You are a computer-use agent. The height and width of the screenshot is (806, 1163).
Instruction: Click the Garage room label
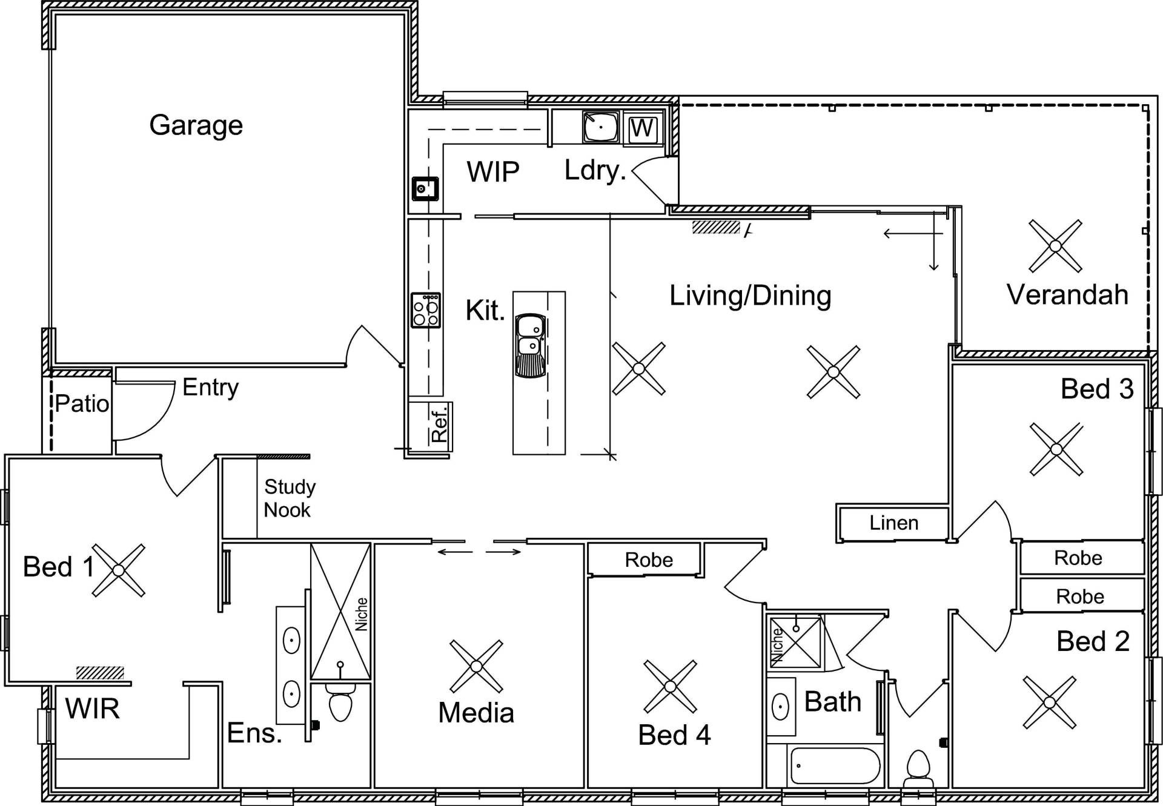point(196,126)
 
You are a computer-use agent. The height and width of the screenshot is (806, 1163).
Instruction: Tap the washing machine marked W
point(642,128)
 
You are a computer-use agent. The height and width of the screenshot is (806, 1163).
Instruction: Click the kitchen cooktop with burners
point(426,310)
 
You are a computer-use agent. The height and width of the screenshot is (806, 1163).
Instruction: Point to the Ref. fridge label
point(439,423)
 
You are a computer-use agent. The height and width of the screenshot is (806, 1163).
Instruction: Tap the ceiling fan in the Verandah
point(1055,246)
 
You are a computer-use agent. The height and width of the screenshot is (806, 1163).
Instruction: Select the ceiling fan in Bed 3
point(1056,449)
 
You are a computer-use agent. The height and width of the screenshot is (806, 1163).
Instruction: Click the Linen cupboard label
point(894,523)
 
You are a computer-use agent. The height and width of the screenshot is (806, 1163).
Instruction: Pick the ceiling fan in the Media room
point(476,666)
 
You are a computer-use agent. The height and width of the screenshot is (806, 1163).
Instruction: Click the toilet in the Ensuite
point(340,701)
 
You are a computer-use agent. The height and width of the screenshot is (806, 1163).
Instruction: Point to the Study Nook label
point(290,498)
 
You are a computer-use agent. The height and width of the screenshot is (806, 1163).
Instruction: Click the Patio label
point(82,403)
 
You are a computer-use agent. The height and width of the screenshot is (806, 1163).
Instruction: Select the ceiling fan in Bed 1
point(119,570)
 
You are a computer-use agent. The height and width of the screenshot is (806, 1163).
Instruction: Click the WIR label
point(92,709)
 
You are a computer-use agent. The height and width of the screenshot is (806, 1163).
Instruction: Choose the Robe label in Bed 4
point(649,560)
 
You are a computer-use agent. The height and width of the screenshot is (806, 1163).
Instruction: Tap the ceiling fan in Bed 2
point(1050,702)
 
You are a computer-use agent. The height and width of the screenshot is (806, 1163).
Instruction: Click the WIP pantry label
point(493,172)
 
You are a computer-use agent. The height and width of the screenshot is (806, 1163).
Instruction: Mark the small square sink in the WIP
point(425,189)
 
